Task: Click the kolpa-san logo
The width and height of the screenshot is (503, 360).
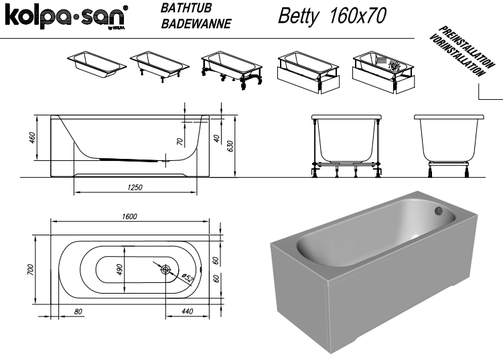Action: pos(66,17)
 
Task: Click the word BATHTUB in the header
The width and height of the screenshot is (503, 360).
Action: pos(186,8)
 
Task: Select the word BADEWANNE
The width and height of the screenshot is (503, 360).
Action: pos(196,23)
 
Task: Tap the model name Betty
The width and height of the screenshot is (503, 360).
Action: pos(299,15)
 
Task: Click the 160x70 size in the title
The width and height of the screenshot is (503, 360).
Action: pos(358,15)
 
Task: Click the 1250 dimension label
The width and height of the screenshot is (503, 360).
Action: pos(135,187)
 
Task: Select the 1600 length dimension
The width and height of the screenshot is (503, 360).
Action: pos(129,217)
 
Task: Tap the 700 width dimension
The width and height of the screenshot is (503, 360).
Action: pos(30,269)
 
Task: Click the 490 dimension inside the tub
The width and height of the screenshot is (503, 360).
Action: pos(119,269)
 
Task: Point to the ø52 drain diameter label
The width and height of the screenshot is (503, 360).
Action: pos(187,278)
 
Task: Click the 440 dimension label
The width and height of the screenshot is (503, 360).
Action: pos(188,311)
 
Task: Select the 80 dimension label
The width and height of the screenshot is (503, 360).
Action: pos(78,312)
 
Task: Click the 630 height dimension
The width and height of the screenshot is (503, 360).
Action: pos(230,146)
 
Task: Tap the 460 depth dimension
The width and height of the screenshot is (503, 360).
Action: pos(32,137)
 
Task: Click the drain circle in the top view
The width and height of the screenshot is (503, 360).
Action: pos(165,269)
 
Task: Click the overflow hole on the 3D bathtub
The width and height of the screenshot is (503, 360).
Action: pos(439,211)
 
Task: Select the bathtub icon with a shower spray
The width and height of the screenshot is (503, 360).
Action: pos(383,72)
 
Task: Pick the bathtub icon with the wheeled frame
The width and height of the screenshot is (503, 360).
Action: pos(232,70)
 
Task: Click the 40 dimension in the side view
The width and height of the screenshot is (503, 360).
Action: pos(217,138)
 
